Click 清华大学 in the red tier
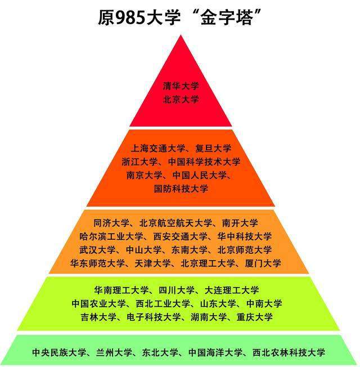181,86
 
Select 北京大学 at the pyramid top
181,99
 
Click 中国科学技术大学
205,162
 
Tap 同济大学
111,223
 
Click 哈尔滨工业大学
107,236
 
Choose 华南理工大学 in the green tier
121,290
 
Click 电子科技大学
151,317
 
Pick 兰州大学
113,353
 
